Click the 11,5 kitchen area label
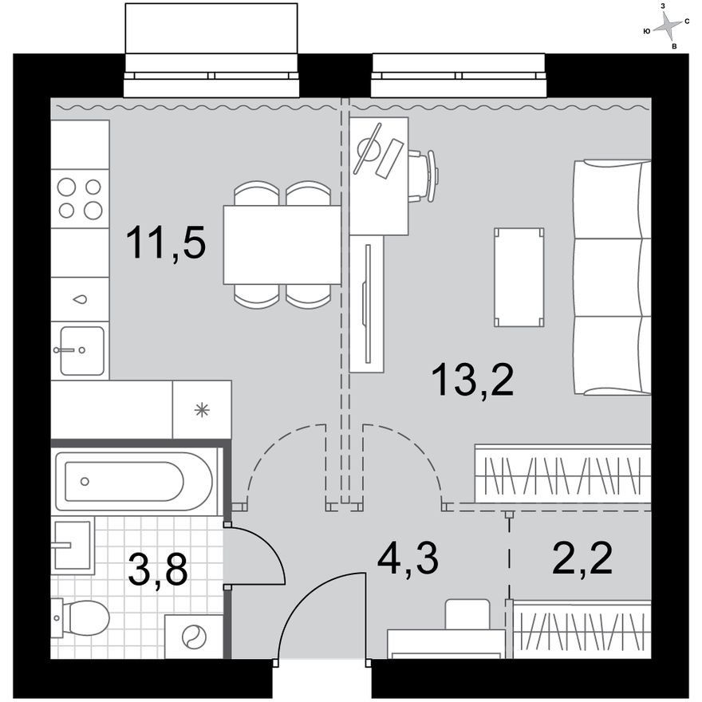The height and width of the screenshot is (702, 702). tap(166, 243)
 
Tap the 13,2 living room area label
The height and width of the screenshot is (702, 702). tap(474, 379)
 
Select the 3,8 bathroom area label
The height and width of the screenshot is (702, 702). tap(157, 569)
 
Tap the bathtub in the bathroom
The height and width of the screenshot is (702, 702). tap(134, 482)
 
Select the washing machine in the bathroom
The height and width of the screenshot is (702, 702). tap(194, 637)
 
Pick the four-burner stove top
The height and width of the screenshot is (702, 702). tap(80, 199)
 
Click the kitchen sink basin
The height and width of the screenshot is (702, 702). tap(82, 350)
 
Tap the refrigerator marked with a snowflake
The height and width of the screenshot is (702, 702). tap(203, 410)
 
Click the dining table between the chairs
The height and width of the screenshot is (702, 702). tap(282, 244)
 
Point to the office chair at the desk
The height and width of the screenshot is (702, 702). tap(423, 176)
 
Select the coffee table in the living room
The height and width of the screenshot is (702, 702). tap(519, 277)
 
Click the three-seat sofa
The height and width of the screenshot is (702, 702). tap(613, 278)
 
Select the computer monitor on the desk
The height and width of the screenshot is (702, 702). tap(368, 148)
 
